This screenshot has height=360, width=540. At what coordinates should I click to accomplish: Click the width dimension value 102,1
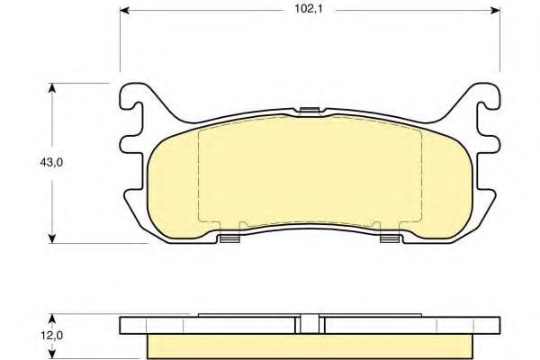(308, 9)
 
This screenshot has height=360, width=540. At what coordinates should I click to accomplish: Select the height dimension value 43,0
(51, 162)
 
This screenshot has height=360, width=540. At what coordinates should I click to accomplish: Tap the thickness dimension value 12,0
(51, 335)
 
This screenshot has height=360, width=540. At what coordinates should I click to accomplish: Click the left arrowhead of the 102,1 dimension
(124, 11)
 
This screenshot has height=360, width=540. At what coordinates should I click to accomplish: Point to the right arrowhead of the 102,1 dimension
(495, 11)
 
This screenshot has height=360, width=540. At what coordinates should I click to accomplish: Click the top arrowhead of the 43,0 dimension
(51, 87)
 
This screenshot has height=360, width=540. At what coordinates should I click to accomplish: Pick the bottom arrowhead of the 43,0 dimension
(51, 238)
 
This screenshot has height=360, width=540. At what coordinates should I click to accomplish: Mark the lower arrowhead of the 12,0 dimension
(51, 355)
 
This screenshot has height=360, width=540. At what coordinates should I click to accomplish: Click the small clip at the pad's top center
(309, 111)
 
